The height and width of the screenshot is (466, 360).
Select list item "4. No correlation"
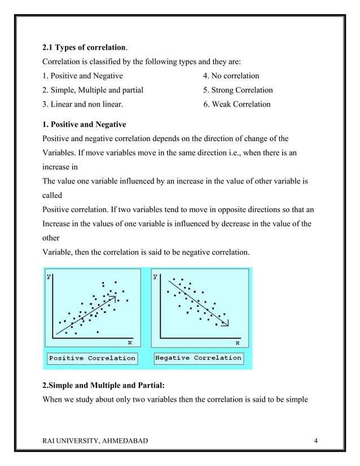231,76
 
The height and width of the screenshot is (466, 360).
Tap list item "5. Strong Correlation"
238,90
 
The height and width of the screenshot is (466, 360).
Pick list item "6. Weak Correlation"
236,104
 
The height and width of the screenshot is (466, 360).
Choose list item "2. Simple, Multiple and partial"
93,90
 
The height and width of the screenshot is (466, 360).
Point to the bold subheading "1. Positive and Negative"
85,124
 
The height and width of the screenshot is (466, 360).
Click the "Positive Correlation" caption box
93,358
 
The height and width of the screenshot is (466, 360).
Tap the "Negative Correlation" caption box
198,358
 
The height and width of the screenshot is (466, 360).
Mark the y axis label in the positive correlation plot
50,276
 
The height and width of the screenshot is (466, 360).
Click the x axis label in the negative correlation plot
237,342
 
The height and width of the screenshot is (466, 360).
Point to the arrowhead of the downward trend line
225,323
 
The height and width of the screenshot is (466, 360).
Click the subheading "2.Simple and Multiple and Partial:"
104,386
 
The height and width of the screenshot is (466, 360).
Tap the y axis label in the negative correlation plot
156,276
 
